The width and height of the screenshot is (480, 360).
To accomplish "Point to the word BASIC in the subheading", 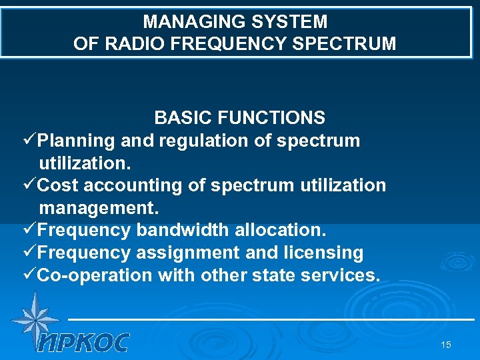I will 179,118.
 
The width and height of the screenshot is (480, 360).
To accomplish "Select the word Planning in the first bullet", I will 77,141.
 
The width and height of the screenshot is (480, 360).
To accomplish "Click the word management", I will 98,207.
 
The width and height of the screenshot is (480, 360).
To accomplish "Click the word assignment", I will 187,253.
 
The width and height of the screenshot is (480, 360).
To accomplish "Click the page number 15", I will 446,345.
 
